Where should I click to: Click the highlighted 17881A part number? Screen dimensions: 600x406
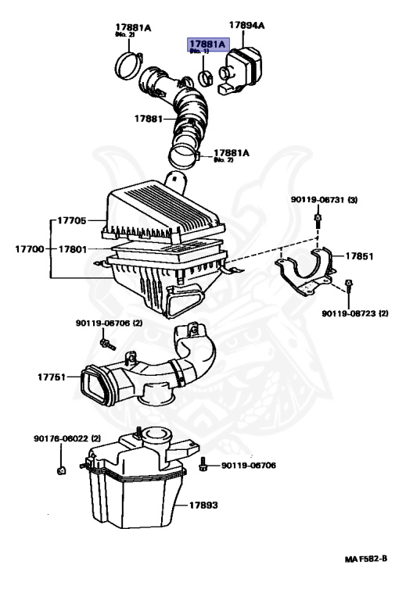point(205,44)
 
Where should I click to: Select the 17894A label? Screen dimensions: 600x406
point(246,26)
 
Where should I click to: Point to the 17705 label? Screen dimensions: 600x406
point(71,220)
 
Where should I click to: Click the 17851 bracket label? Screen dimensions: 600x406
point(361,255)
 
